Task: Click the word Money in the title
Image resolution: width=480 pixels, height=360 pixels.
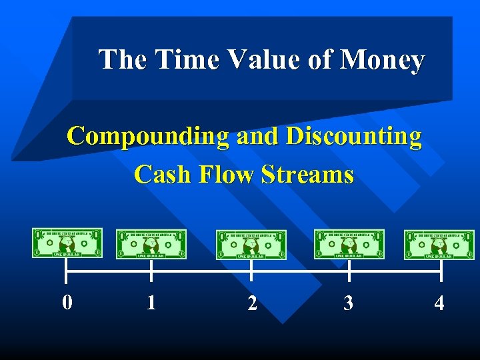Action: click(x=382, y=61)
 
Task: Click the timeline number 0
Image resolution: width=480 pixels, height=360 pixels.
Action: click(x=67, y=303)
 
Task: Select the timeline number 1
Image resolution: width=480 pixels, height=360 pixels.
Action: click(x=151, y=303)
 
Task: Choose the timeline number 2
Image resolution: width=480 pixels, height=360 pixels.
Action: click(x=251, y=304)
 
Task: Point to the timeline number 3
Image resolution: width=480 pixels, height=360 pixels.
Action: click(x=348, y=304)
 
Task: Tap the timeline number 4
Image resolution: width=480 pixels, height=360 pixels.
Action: click(x=439, y=304)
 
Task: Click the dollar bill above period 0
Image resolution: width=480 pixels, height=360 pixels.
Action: click(x=67, y=243)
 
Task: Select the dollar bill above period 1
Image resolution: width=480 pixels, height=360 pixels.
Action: click(x=151, y=245)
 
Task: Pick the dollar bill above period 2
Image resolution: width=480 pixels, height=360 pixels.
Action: click(x=251, y=245)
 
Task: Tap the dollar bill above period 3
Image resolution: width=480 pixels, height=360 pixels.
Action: click(x=349, y=244)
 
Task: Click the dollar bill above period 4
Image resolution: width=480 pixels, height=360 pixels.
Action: click(x=439, y=245)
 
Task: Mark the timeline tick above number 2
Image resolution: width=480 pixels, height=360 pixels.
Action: click(x=251, y=271)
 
